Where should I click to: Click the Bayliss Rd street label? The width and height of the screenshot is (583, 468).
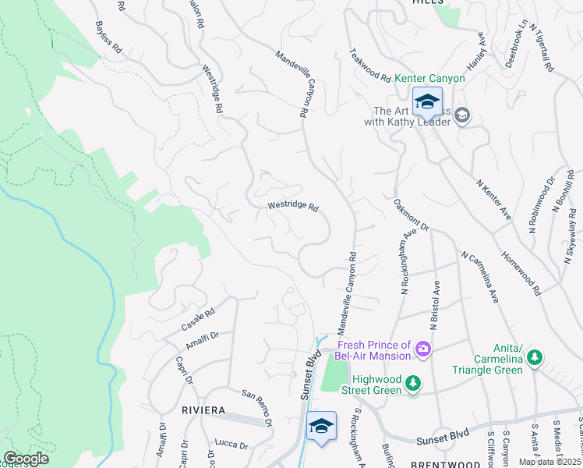click(x=108, y=37)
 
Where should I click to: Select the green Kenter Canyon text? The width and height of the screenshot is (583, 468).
click(x=429, y=79)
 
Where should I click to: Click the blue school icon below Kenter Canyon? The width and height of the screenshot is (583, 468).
click(x=427, y=102)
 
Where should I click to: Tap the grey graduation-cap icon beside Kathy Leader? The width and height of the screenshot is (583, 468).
click(x=461, y=115)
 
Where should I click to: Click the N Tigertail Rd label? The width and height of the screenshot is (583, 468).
click(x=540, y=47)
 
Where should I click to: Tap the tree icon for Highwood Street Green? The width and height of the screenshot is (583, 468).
click(x=413, y=383)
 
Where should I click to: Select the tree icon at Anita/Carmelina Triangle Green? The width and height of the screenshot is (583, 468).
click(x=534, y=357)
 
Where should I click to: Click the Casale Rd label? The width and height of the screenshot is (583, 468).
click(x=199, y=317)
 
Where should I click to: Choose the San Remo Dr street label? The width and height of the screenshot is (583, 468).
click(x=256, y=407)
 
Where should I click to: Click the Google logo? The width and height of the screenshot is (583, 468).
click(x=26, y=458)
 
